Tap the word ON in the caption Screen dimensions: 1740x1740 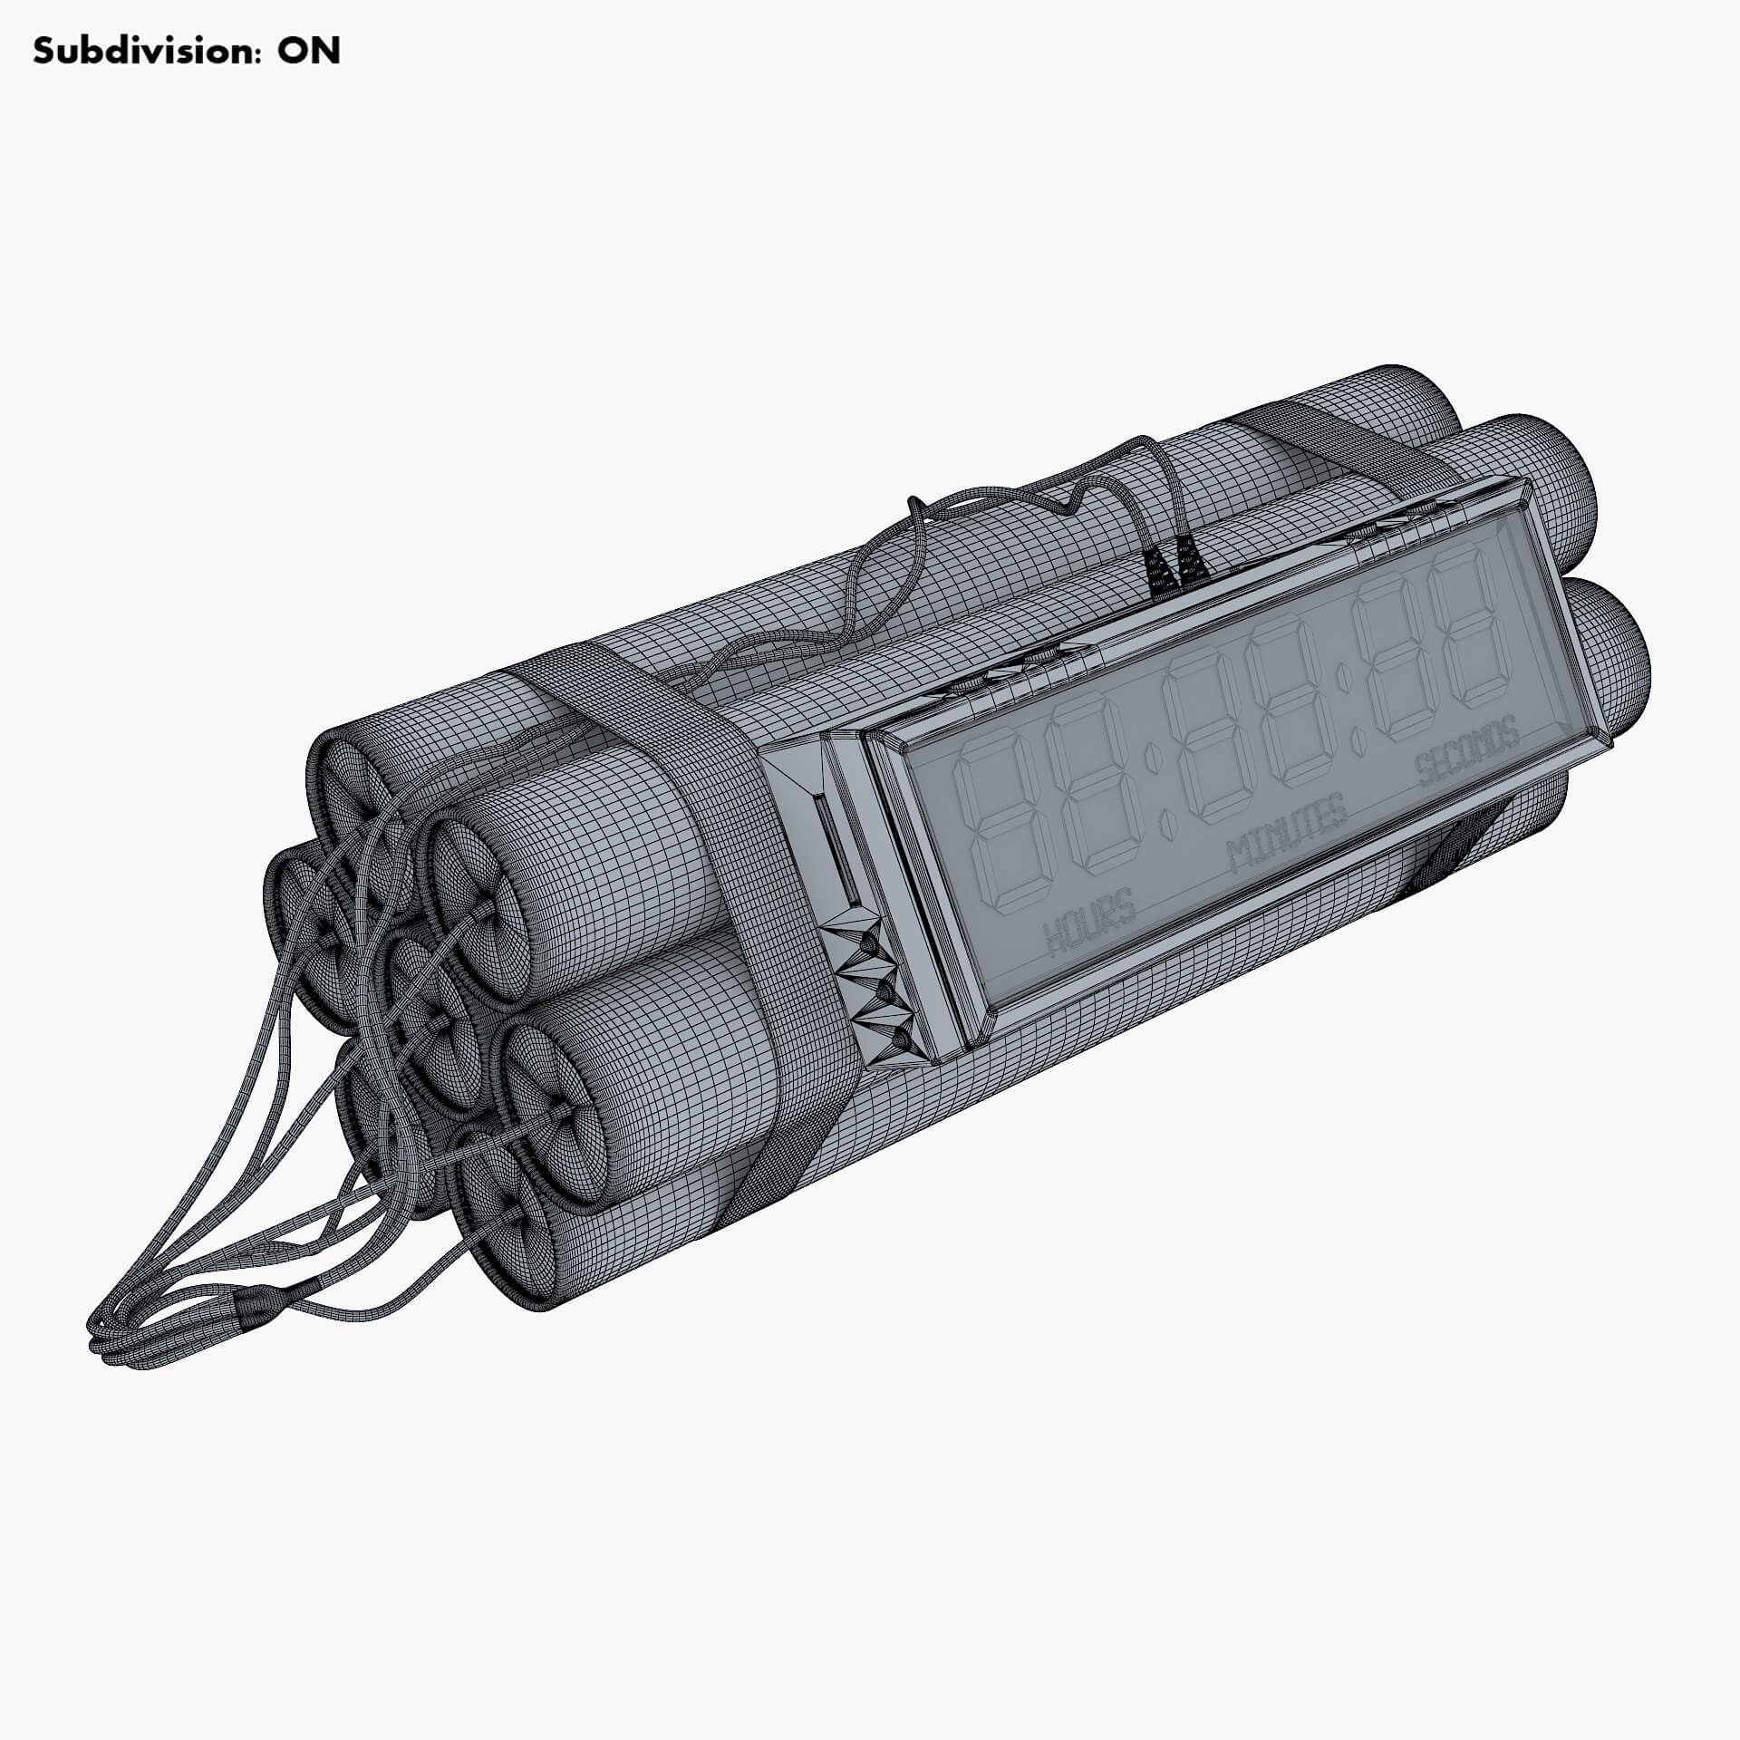308,52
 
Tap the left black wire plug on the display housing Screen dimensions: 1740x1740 1157,572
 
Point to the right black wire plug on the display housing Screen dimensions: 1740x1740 1190,565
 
